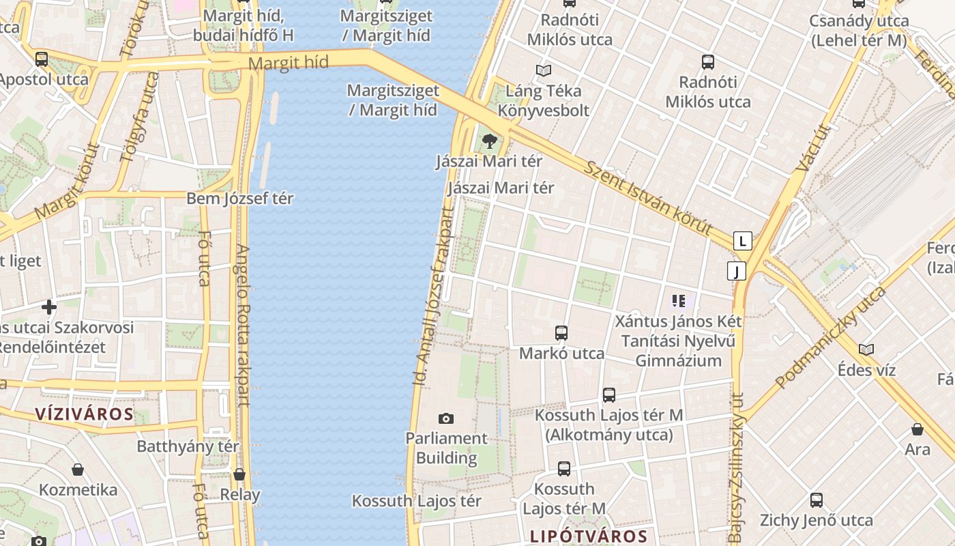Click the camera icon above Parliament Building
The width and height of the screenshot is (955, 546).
(445, 418)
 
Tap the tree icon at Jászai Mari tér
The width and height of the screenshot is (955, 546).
(488, 142)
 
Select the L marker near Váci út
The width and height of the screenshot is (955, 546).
(743, 241)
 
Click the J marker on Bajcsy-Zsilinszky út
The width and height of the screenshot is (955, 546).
(736, 271)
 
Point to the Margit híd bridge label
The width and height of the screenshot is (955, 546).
(289, 63)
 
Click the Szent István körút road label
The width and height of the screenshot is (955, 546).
(648, 198)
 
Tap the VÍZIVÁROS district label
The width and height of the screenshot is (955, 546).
(84, 414)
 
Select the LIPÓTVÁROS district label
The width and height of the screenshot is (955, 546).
(588, 536)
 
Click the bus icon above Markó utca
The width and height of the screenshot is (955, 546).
(561, 333)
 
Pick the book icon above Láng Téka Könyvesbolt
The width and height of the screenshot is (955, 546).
(543, 70)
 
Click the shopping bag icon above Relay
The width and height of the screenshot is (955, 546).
(239, 474)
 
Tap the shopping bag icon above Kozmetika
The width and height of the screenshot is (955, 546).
(78, 470)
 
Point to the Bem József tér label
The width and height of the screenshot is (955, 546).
(240, 199)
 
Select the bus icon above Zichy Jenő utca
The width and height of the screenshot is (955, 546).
(816, 500)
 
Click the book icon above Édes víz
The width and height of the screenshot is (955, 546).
(866, 350)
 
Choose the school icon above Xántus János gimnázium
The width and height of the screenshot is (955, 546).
(678, 300)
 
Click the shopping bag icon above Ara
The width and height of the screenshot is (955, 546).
(917, 430)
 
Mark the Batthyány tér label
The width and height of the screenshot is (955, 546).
(188, 446)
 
